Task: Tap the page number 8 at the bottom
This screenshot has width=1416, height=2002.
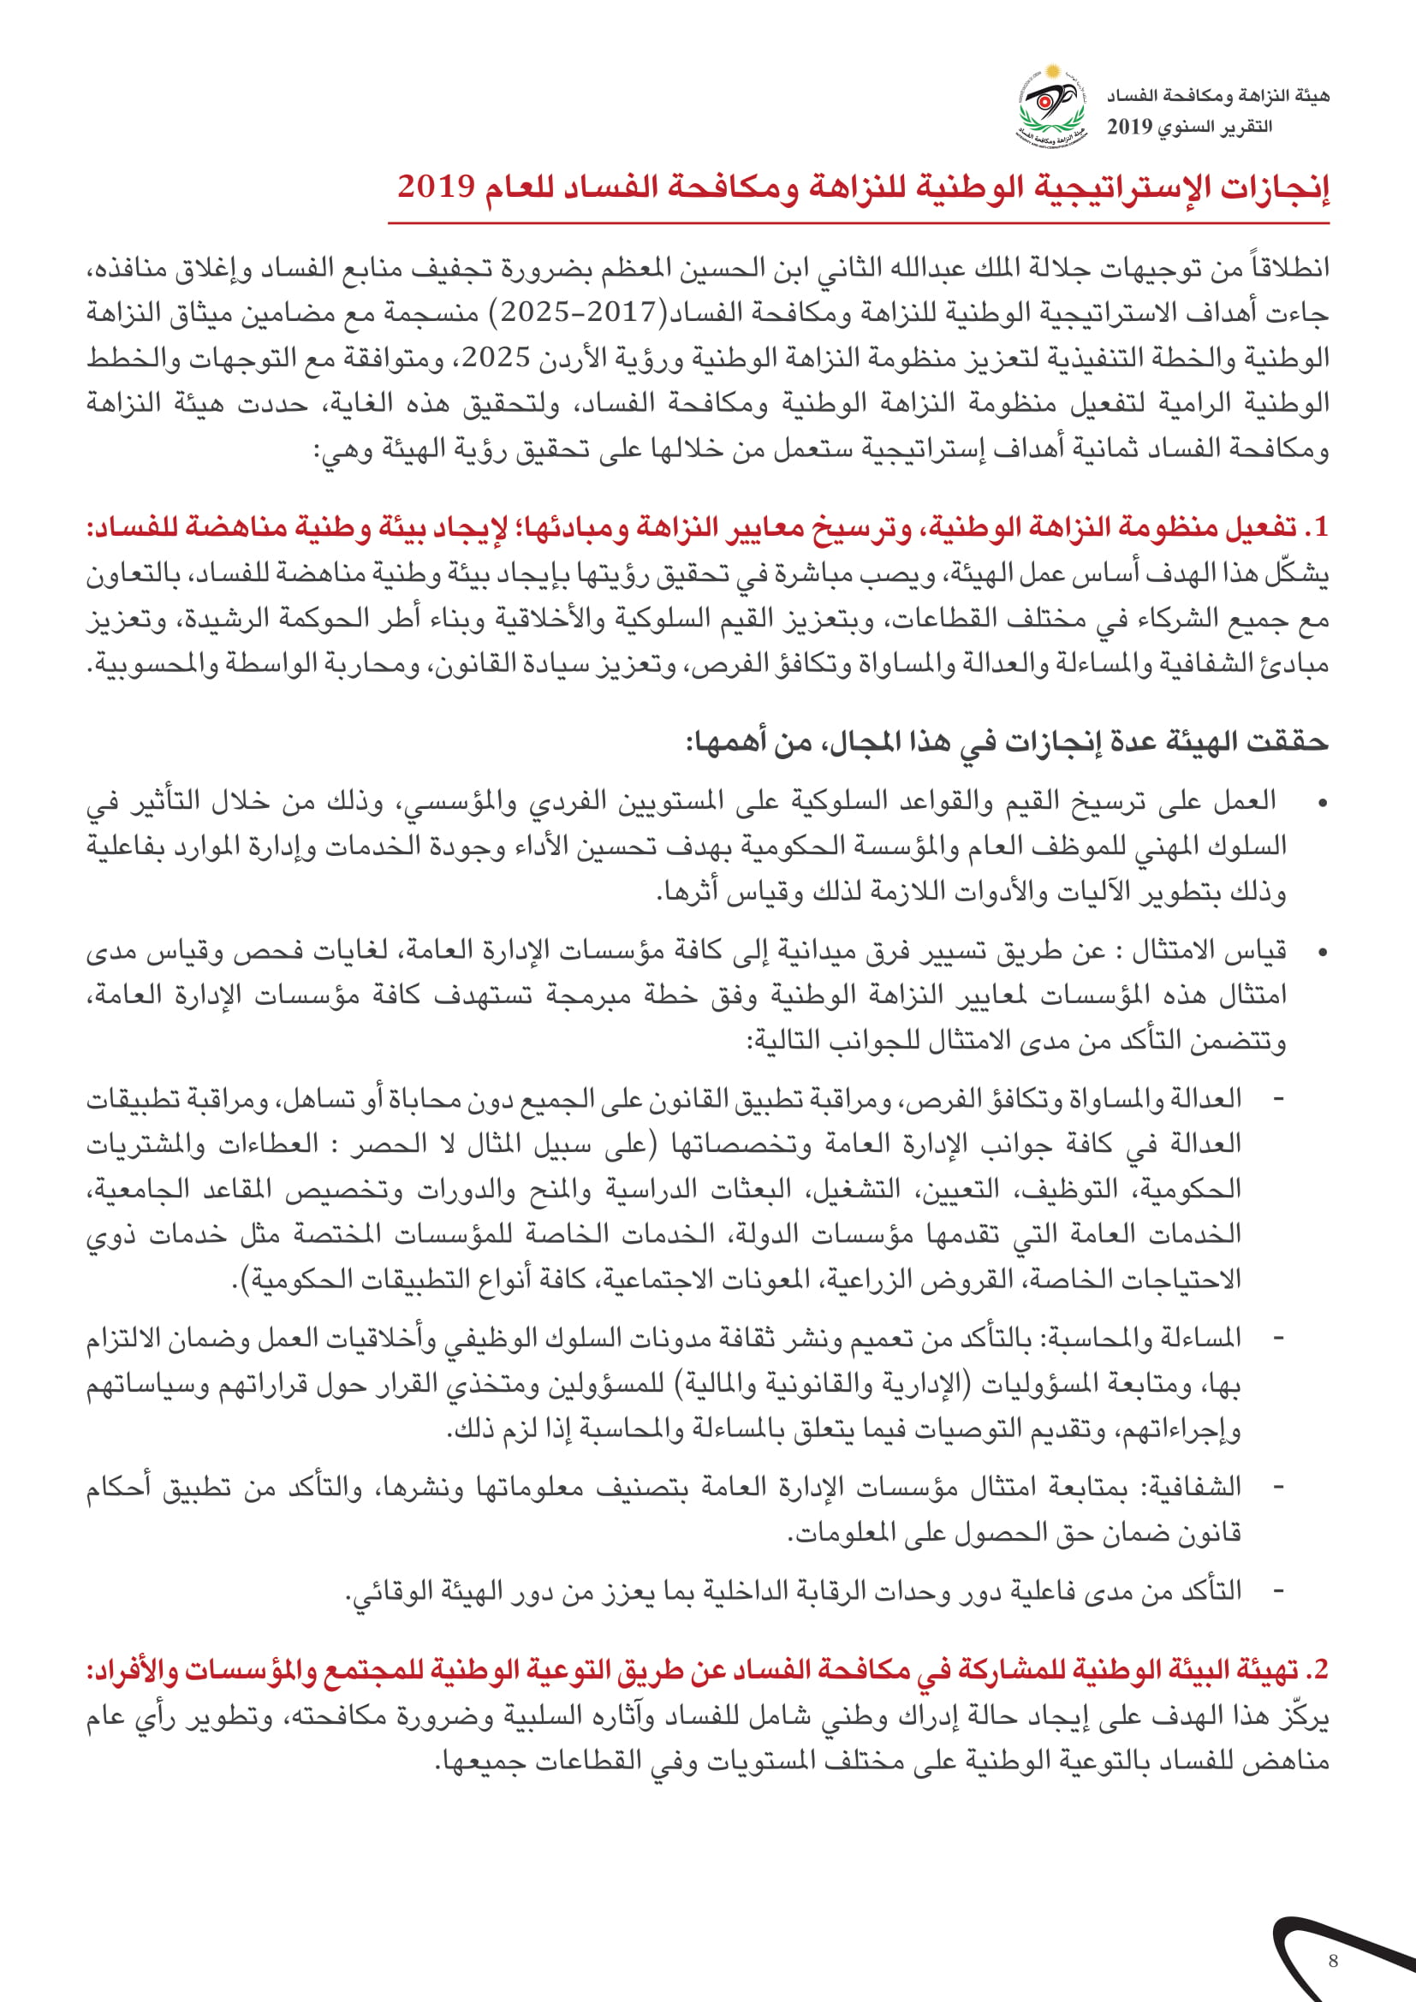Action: tap(1332, 1961)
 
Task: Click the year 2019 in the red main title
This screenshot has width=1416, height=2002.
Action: tap(436, 187)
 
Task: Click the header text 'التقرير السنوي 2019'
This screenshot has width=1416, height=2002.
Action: tap(1189, 128)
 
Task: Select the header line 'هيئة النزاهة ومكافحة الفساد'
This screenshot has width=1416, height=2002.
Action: tap(1218, 96)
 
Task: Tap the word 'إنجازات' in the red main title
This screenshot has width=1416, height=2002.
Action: tap(1281, 187)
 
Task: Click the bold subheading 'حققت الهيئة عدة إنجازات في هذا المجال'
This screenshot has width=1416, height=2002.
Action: tap(1007, 742)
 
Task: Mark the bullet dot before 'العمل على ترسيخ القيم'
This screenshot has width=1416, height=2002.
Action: tap(1322, 802)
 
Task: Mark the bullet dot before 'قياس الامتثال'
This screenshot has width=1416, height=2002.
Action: tap(1322, 951)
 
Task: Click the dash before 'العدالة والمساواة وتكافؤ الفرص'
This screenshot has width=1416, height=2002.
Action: tap(1279, 1099)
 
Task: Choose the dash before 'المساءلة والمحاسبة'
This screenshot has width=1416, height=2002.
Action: tap(1279, 1338)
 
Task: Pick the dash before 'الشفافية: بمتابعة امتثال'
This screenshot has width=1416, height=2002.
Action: tap(1279, 1487)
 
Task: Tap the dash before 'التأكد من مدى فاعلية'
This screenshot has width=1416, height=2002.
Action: tap(1279, 1591)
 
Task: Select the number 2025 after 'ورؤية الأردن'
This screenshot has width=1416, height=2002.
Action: tap(497, 358)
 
